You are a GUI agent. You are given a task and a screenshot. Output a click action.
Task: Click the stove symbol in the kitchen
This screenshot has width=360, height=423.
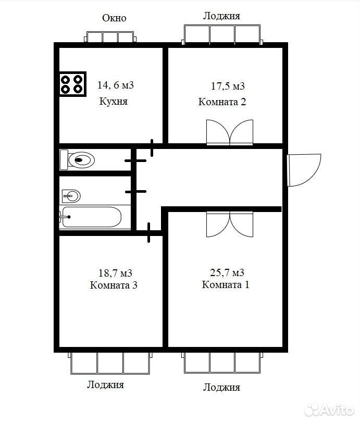click(72, 84)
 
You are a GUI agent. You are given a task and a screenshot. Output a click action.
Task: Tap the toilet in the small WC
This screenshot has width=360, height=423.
click(77, 160)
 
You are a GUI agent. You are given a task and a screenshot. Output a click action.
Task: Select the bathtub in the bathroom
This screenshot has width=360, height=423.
click(91, 217)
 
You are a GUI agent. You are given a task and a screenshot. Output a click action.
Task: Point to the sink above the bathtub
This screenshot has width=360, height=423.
click(71, 196)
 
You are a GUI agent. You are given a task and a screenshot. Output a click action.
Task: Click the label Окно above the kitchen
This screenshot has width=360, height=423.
click(114, 18)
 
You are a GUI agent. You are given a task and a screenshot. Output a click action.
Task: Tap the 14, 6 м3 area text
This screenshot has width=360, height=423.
click(116, 85)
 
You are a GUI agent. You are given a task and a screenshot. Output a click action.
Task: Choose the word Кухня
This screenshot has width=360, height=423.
click(114, 102)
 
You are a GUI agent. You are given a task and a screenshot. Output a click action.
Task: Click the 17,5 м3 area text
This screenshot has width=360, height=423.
click(228, 86)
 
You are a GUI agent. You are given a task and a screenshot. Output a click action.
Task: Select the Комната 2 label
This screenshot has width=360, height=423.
click(222, 102)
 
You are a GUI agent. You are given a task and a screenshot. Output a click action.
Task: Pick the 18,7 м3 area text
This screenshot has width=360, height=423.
click(115, 273)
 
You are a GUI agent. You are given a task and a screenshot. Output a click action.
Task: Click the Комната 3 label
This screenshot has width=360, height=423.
click(114, 285)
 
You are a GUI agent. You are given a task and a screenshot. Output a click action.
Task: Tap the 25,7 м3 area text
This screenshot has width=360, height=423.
click(227, 272)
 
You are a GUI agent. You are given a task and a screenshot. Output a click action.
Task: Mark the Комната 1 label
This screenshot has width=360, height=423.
click(226, 284)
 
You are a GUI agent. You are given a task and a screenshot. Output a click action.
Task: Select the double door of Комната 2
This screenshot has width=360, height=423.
click(230, 132)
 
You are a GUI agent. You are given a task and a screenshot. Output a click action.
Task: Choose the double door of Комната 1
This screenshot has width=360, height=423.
click(230, 225)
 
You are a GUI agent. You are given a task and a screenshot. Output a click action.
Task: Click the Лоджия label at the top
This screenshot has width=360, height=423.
click(221, 16)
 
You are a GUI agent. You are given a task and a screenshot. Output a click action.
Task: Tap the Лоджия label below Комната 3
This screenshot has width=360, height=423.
click(106, 384)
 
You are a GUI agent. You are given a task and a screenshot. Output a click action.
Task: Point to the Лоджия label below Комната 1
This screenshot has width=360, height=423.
click(221, 388)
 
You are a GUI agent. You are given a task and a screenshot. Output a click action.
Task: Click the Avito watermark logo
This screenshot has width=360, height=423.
click(329, 410)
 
